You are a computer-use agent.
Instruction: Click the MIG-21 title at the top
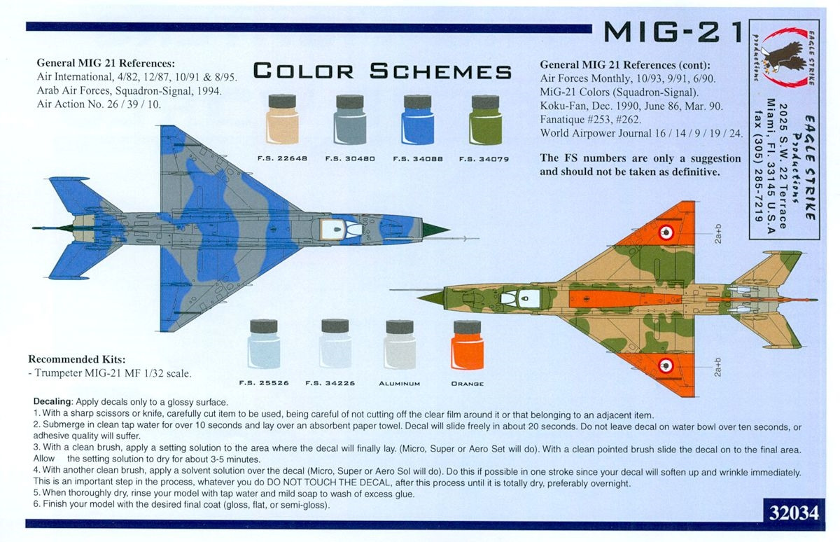click(673, 32)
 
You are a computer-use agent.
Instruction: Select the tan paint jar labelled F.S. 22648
click(282, 119)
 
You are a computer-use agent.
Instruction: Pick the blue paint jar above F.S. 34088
click(417, 119)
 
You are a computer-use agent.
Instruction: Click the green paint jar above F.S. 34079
click(485, 119)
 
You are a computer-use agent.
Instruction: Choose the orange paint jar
click(468, 345)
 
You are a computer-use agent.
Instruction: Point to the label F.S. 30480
click(350, 159)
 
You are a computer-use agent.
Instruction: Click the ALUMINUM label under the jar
click(400, 384)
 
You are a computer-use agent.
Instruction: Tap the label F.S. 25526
click(264, 383)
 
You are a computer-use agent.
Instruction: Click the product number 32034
click(794, 513)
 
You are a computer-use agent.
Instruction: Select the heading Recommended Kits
click(77, 359)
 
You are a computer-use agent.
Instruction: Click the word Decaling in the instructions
click(52, 402)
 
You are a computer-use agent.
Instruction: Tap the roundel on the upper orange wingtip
click(666, 232)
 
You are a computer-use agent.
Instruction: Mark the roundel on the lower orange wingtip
click(666, 365)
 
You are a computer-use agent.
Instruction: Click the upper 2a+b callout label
click(717, 234)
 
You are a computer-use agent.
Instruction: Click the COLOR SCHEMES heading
click(382, 71)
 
